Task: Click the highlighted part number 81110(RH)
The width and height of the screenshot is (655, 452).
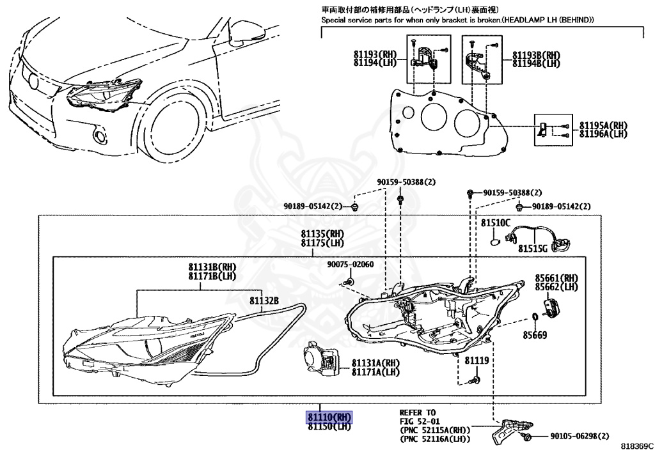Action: coord(329,417)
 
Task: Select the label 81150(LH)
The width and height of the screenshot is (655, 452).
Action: coord(329,426)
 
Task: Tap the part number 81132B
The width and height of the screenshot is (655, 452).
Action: coord(264,300)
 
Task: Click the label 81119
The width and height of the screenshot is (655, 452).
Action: coord(477,361)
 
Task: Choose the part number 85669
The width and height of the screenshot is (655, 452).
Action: coord(535,334)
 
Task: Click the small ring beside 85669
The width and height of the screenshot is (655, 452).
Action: coord(534,318)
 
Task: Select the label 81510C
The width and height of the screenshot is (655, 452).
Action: coord(496,223)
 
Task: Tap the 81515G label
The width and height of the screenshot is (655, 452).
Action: coord(533,248)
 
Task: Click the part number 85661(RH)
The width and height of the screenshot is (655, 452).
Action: coord(556,278)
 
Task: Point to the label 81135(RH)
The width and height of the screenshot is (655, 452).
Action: coord(322,233)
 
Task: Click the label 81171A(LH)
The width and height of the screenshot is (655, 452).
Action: coord(375,372)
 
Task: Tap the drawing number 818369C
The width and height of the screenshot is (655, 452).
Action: coord(636,446)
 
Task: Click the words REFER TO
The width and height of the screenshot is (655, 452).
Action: coord(417,412)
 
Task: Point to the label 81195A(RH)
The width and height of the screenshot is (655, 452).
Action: coord(603,125)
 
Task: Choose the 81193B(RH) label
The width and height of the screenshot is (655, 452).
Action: coord(535,55)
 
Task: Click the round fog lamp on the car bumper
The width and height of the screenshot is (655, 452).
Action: coord(99,136)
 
